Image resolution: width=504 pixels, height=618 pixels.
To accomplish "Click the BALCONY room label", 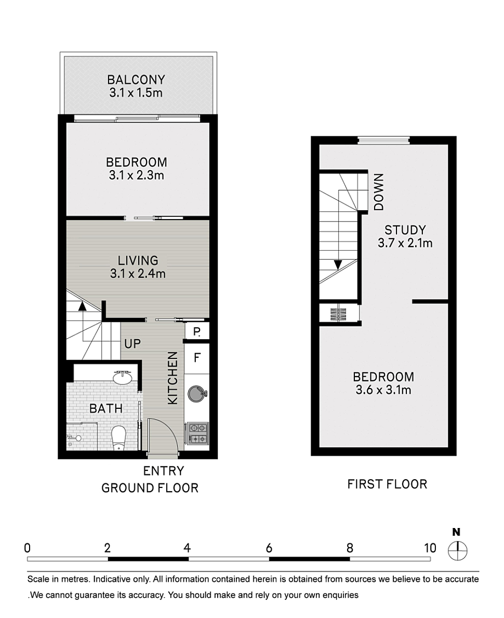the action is tap(136, 80).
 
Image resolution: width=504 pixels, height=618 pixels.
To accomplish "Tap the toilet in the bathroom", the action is tap(118, 439).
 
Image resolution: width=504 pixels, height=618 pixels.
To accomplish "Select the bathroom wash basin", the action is tap(122, 378).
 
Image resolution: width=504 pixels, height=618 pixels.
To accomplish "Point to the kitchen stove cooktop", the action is tap(197, 433).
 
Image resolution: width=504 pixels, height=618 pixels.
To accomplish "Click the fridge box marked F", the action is tap(197, 358).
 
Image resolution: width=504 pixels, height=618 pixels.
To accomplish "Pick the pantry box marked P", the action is tap(197, 331).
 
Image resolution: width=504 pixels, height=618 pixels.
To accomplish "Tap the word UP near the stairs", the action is tap(132, 344).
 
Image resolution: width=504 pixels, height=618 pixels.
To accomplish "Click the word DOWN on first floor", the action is tap(379, 192).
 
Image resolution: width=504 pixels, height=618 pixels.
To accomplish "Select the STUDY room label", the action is tap(405, 230).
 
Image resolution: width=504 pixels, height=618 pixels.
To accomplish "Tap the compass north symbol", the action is tap(458, 550).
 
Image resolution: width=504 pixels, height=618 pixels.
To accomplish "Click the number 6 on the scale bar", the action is tap(269, 548).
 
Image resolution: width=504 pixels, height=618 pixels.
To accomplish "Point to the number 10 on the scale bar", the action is tap(430, 548).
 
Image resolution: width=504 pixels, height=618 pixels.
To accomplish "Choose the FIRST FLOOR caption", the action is tap(387, 484).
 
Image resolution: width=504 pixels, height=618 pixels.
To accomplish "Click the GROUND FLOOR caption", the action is tap(150, 488).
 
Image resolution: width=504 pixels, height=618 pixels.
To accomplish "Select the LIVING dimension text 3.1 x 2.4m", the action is tap(138, 274).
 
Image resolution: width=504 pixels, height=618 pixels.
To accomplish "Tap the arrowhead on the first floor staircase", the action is tap(337, 264).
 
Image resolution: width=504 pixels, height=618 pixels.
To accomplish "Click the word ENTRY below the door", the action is tap(163, 471).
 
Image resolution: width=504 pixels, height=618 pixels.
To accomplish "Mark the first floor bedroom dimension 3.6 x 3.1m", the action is tap(383, 390).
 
